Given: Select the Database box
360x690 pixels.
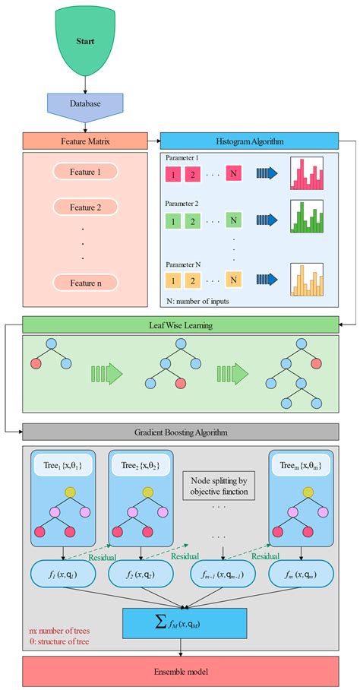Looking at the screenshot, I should click(85, 104).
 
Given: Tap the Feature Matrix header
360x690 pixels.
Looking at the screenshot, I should click(85, 141).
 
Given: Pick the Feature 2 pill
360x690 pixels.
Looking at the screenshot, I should click(85, 207).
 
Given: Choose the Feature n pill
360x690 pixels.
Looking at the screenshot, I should click(85, 283).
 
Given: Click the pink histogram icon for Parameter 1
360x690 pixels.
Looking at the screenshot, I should click(307, 174).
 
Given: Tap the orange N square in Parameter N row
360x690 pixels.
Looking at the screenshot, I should click(233, 279).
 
